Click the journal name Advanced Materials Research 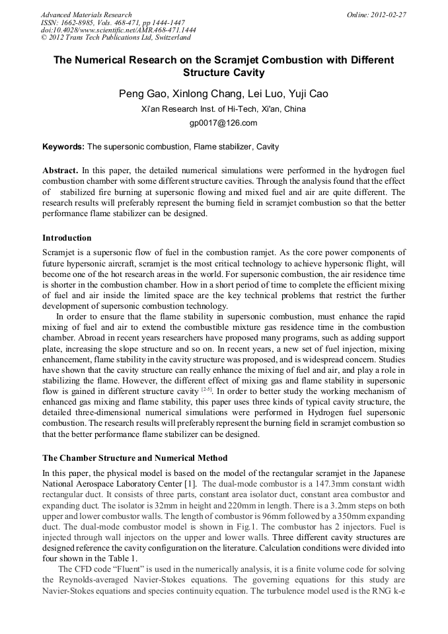[x=86, y=15]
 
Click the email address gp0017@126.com [x=223, y=122]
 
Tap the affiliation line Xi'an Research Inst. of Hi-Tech [x=223, y=109]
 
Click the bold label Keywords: [x=63, y=147]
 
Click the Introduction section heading [x=67, y=238]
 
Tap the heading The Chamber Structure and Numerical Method [x=135, y=457]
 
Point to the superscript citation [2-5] [x=206, y=390]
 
